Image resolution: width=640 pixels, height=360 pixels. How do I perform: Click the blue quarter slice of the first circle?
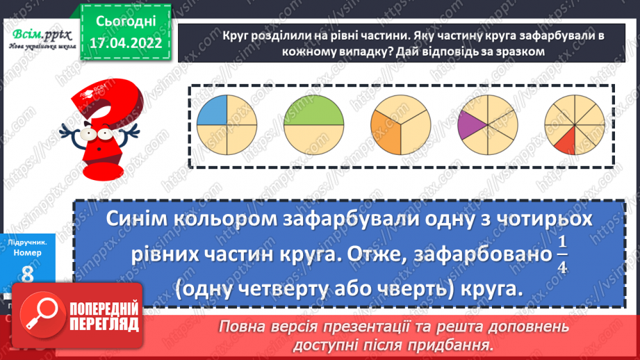213,111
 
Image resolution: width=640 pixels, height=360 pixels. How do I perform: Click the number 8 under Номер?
26,276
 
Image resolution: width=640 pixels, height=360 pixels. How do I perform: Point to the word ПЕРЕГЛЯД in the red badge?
102,325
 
